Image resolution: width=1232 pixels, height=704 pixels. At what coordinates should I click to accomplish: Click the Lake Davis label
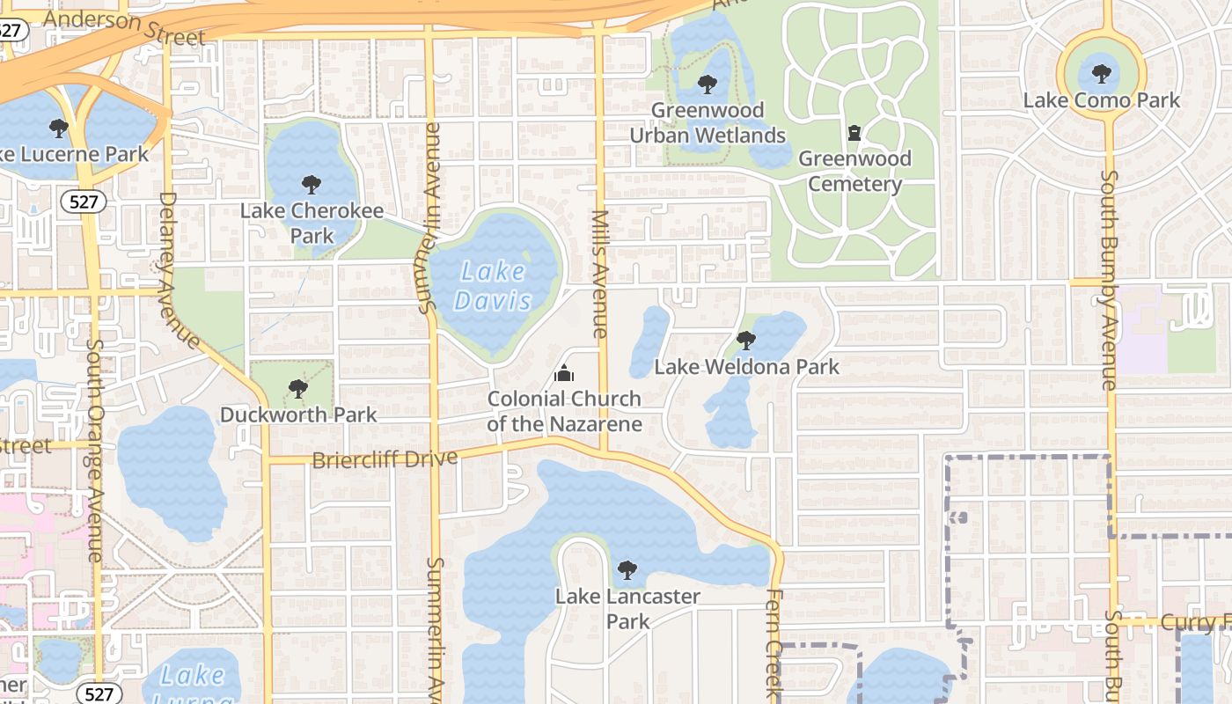pos(494,287)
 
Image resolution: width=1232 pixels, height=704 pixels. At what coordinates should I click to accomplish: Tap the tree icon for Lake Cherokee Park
pos(311,185)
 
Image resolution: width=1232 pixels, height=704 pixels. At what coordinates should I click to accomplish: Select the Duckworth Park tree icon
pos(298,388)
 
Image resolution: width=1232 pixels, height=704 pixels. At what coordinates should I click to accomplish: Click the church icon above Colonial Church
pos(564,373)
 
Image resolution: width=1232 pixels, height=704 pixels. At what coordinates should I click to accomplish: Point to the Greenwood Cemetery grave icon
pos(854,134)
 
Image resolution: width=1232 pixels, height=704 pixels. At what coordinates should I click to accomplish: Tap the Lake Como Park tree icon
pos(1101,74)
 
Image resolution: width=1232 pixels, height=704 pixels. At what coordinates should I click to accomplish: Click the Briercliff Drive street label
pos(385,459)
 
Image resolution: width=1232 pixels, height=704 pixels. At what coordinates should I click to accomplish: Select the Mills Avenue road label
pos(600,274)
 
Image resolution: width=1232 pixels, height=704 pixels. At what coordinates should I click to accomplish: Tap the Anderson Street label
pos(123,26)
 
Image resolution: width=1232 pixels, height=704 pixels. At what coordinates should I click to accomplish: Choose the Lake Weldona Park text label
pos(747,366)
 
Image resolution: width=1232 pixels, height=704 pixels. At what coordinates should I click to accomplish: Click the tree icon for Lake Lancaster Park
pos(627,570)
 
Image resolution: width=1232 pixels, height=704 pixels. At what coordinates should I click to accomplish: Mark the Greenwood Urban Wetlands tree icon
pos(707,84)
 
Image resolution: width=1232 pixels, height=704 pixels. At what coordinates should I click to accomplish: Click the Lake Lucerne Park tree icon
pos(59,129)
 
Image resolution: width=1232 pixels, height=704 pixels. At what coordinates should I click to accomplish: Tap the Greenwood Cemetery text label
pos(854,172)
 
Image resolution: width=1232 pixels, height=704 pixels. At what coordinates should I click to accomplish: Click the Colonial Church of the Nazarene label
pos(564,411)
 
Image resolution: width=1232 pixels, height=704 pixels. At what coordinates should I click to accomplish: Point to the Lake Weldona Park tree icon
pos(746,340)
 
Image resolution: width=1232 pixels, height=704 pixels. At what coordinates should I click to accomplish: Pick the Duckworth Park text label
pos(298,414)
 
